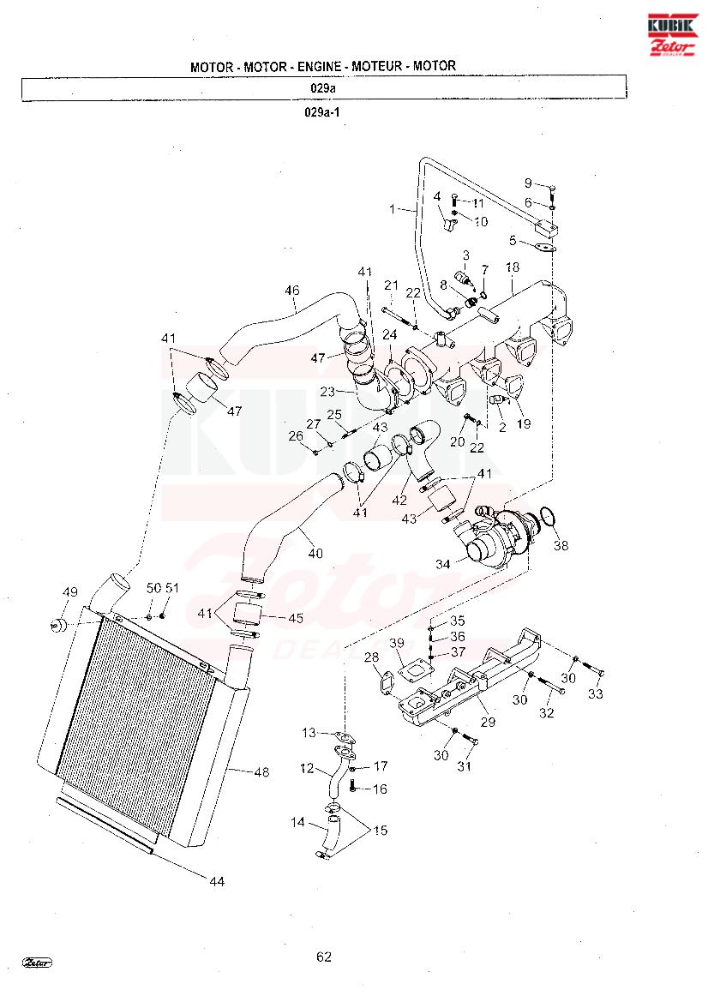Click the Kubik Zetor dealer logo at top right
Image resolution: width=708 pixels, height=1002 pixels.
[672, 34]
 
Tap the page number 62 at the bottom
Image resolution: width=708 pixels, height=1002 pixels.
[324, 957]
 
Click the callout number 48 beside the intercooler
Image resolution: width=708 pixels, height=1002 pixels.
[261, 772]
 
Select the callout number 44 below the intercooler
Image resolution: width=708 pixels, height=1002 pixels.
[217, 881]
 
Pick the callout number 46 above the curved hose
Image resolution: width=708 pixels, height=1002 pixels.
[292, 291]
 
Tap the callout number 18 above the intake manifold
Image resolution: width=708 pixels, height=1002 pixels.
[513, 267]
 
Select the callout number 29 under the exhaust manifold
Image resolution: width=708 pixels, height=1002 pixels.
[489, 722]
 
